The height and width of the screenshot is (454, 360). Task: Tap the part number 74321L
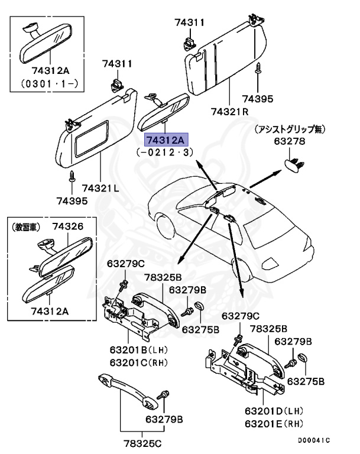coord(100,188)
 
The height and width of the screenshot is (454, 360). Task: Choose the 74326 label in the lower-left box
coord(67,226)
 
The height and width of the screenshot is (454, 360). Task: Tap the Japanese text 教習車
coord(27,226)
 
